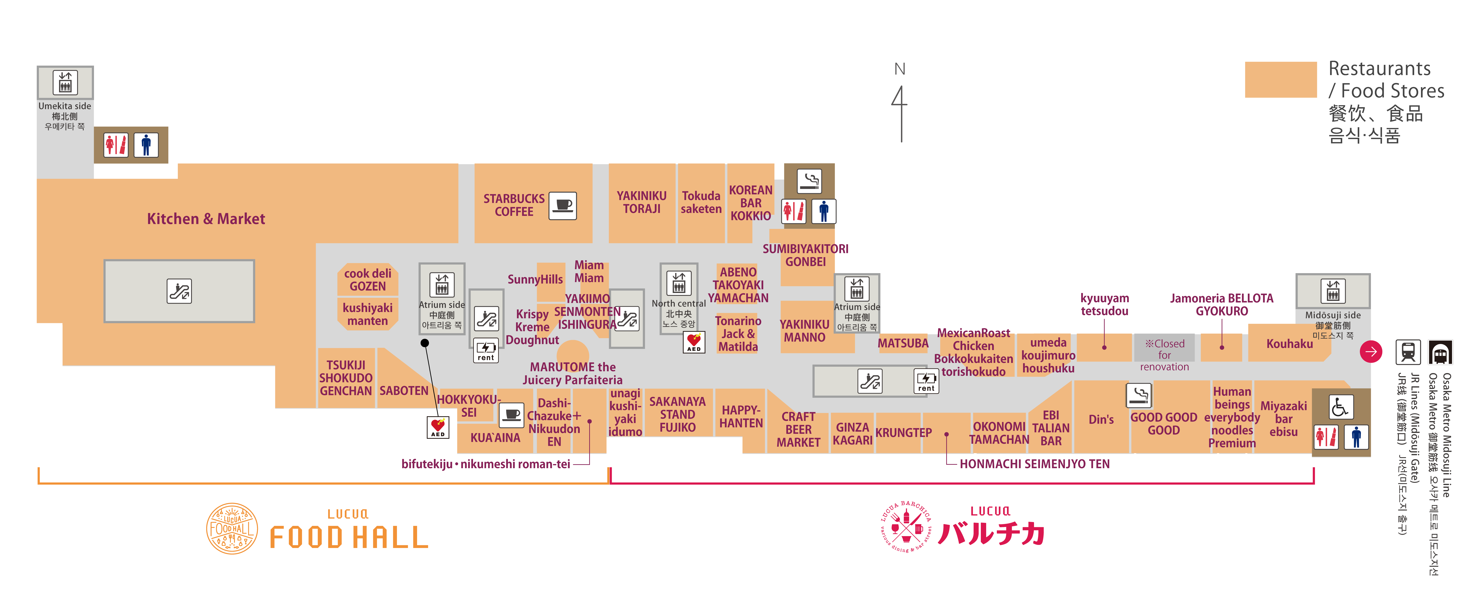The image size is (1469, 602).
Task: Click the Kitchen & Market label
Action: tap(206, 219)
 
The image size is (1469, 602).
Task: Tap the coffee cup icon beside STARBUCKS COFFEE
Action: tap(562, 205)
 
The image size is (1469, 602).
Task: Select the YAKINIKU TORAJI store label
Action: tap(642, 202)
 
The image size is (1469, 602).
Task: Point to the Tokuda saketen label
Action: tap(701, 202)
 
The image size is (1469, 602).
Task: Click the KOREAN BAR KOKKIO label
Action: tap(751, 203)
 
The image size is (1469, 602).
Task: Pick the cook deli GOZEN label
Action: tap(368, 280)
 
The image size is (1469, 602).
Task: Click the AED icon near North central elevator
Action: tap(693, 342)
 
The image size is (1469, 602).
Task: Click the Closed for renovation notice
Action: tap(1164, 355)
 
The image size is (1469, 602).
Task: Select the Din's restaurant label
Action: tap(1101, 420)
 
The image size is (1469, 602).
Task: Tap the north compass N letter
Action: tap(899, 69)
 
